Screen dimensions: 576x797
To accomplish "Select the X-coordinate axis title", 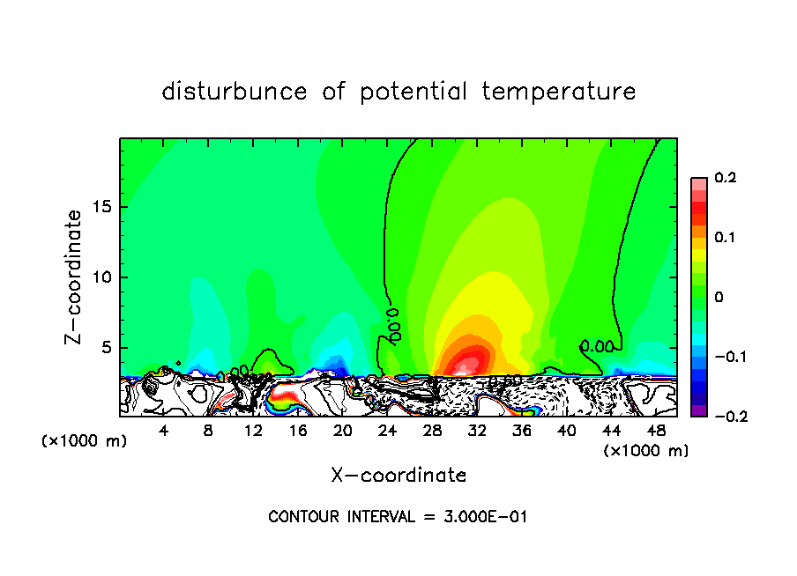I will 398,476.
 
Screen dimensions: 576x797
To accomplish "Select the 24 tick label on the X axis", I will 387,431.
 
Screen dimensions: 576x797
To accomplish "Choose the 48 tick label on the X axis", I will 656,431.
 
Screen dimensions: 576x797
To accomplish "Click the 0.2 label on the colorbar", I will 725,178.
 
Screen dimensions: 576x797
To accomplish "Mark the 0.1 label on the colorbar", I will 725,238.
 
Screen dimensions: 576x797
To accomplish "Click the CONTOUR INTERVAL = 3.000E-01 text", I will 398,517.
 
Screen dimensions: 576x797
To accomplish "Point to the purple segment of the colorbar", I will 698,410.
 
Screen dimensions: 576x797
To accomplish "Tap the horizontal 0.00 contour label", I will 597,347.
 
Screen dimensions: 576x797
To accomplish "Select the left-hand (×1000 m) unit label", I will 85,441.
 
